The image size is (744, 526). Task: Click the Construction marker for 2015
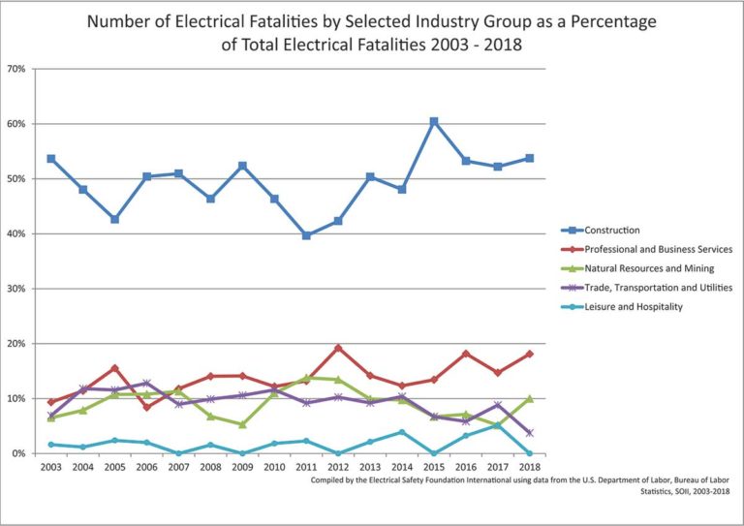coord(434,122)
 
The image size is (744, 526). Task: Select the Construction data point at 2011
coord(307,235)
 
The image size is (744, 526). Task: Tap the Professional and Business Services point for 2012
coord(338,348)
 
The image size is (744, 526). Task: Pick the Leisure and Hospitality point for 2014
coord(402,432)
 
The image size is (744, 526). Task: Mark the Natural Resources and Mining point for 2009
coord(243,424)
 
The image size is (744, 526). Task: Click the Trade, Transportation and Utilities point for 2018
coord(529,433)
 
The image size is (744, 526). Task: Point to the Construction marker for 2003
coord(51,159)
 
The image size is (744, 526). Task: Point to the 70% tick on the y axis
coord(15,70)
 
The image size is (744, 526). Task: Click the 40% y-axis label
coord(15,234)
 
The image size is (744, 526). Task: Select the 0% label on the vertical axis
coord(18,454)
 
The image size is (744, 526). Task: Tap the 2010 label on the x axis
coord(274,467)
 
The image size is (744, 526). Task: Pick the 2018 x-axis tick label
coord(529,467)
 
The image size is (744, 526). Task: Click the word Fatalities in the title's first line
coord(257,21)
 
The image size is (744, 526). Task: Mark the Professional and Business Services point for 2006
coord(147,407)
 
